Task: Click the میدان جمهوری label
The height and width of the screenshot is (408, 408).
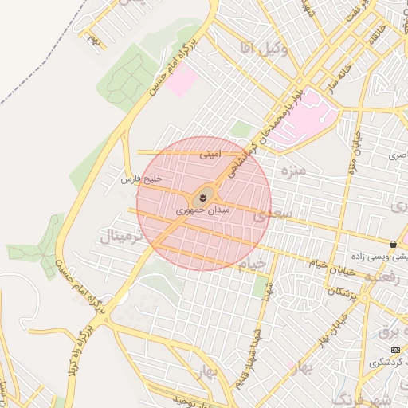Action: pyautogui.click(x=206, y=212)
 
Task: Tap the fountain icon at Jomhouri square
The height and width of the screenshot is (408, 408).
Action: pyautogui.click(x=203, y=196)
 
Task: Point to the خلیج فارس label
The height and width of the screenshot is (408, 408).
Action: pyautogui.click(x=142, y=180)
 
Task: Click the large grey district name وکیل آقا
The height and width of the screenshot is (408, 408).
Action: pyautogui.click(x=264, y=49)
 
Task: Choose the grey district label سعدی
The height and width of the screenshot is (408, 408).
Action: pyautogui.click(x=273, y=215)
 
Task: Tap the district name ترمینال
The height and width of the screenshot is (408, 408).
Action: pyautogui.click(x=120, y=236)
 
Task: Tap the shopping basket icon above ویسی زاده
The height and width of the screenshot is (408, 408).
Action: pyautogui.click(x=393, y=244)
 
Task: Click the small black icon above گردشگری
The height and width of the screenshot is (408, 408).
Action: pyautogui.click(x=395, y=350)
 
